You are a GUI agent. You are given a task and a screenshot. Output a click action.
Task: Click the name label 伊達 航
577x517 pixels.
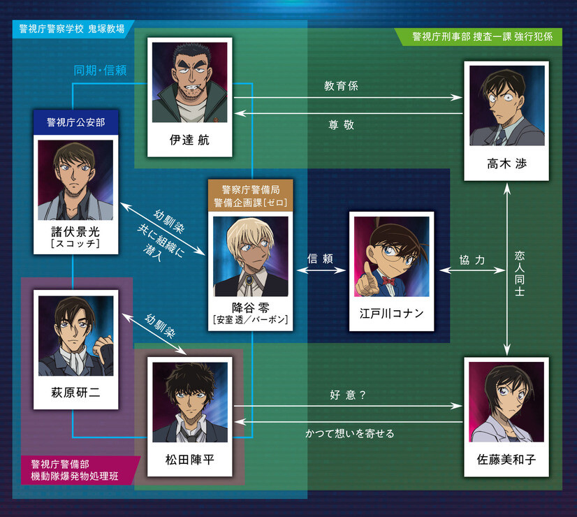pos(189,140)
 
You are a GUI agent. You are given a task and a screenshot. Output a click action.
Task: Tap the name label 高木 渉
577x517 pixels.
pos(506,163)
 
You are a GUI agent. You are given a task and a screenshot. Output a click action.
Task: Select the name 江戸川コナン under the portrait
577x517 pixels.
pos(391,314)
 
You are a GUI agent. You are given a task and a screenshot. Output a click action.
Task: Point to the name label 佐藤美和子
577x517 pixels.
pos(506,459)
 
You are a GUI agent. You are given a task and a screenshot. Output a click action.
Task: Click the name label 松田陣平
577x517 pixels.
pos(189,459)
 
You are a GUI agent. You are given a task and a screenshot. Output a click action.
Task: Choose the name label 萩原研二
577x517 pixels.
pos(75,392)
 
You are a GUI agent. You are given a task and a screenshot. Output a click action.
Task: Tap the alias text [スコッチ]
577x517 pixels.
pos(75,244)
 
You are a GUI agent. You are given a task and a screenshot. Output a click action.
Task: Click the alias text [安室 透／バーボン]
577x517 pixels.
pos(250,319)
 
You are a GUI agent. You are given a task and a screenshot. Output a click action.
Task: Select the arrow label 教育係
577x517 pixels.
pos(341,86)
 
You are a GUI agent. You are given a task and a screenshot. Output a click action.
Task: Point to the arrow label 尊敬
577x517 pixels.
pos(341,125)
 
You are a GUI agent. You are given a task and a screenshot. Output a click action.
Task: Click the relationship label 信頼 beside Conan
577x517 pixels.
pos(320,258)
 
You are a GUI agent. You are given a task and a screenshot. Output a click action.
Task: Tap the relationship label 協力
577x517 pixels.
pos(472,260)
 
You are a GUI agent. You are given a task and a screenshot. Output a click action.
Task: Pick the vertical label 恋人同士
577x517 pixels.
pos(519,273)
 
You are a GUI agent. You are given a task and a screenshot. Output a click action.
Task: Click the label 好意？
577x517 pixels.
pos(348,395)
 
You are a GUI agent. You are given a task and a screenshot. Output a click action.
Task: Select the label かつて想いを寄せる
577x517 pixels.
pos(349,433)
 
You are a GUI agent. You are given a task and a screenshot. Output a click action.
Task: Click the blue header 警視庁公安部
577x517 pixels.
pos(76,122)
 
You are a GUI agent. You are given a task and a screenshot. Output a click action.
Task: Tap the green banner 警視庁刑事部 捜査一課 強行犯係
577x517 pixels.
pos(483,36)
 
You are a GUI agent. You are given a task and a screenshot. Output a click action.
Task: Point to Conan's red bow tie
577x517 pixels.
pos(388,282)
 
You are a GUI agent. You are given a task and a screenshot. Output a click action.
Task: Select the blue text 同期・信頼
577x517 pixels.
pos(100,70)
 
